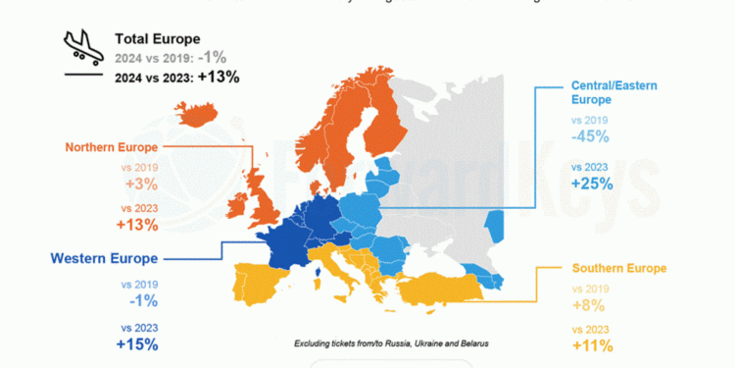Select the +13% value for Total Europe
pyautogui.click(x=219, y=76)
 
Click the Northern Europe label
pyautogui.click(x=111, y=148)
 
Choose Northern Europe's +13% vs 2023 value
pyautogui.click(x=136, y=226)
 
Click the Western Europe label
pyautogui.click(x=104, y=259)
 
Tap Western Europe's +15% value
pyautogui.click(x=136, y=343)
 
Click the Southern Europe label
pyautogui.click(x=618, y=268)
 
